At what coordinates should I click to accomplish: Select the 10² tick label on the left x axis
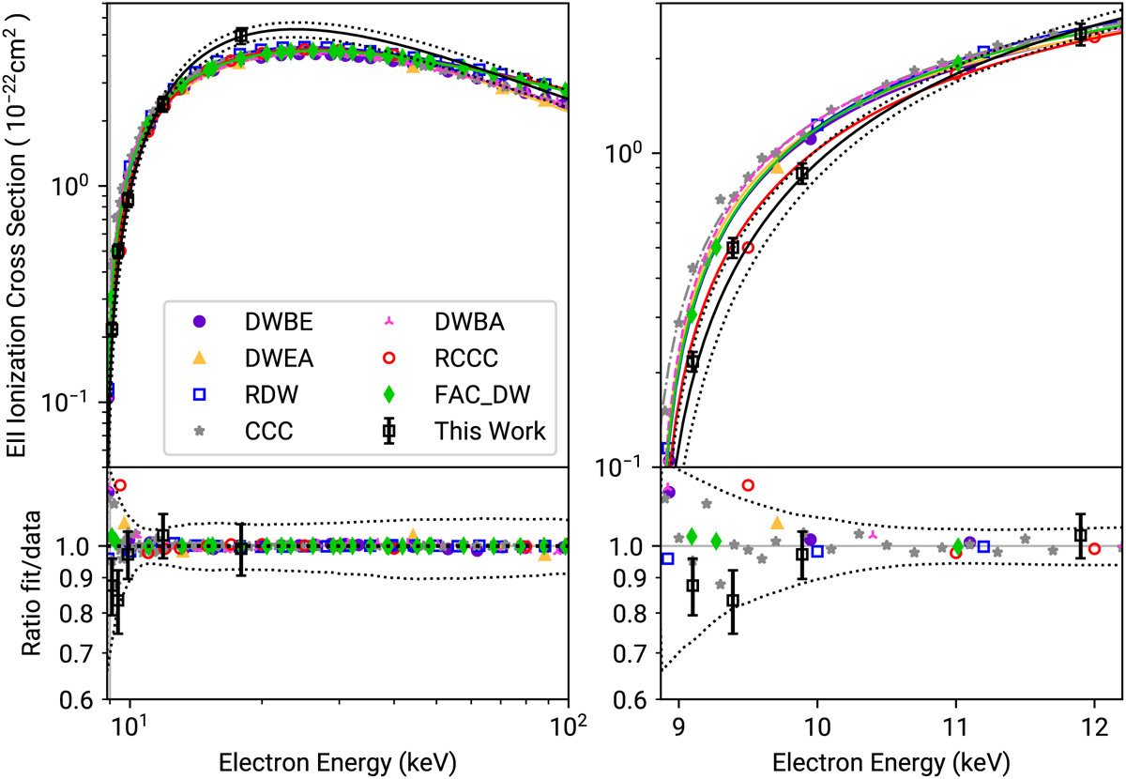click(x=566, y=726)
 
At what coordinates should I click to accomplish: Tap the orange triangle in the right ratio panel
click(x=776, y=523)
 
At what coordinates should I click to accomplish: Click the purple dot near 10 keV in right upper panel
click(x=811, y=138)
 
